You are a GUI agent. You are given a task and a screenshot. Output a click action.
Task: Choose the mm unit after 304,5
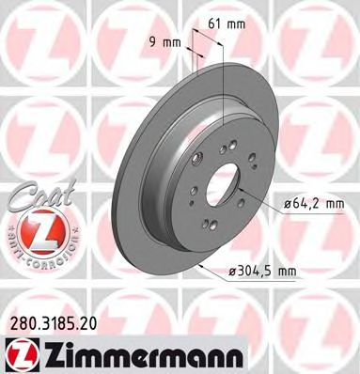[287, 271]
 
